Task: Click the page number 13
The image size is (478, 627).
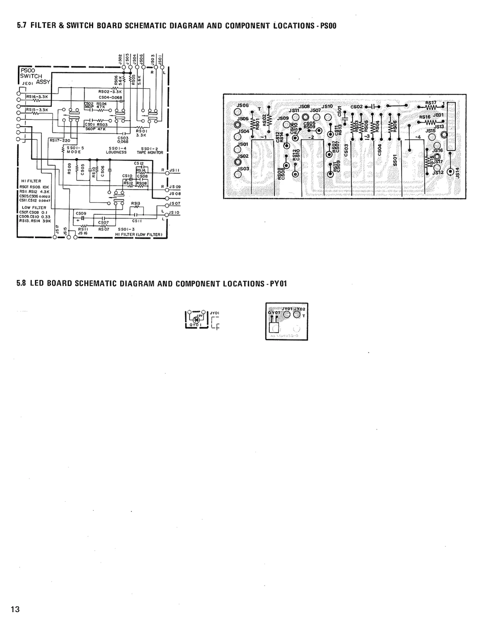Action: pos(15,609)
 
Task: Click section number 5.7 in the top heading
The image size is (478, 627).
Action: pos(22,26)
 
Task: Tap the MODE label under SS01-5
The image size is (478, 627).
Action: pos(74,152)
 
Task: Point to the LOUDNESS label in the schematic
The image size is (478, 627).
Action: pos(116,152)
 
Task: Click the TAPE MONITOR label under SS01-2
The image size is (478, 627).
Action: pos(150,153)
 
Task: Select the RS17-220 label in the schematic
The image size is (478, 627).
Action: pos(60,140)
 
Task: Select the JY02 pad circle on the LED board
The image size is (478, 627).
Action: pos(297,314)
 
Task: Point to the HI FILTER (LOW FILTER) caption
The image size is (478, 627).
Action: pos(139,234)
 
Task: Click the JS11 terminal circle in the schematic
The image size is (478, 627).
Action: pos(167,173)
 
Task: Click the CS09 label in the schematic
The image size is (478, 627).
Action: pos(81,213)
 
